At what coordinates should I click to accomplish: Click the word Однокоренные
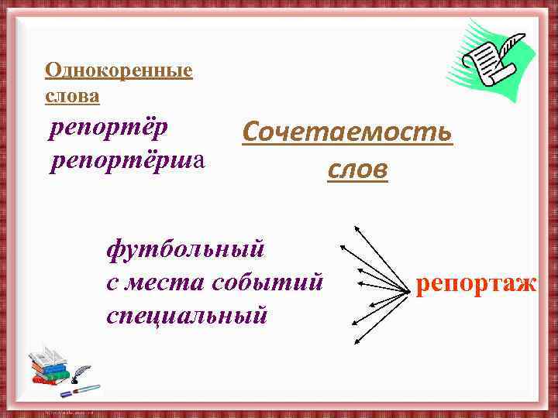coord(119,71)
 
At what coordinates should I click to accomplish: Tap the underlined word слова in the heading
coord(72,96)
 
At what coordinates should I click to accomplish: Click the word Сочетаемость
coord(346,132)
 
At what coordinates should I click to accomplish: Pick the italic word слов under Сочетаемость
coord(357,169)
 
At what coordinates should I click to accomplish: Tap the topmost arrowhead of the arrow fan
coord(356,228)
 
